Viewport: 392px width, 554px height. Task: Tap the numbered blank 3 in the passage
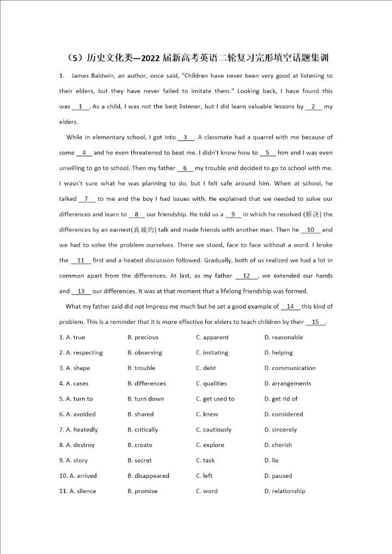(x=186, y=138)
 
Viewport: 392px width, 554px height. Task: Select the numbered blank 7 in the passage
(x=87, y=199)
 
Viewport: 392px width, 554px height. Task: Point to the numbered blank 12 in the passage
(x=246, y=276)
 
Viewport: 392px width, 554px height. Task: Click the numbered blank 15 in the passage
(x=315, y=322)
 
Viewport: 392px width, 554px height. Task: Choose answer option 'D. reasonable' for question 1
(x=283, y=337)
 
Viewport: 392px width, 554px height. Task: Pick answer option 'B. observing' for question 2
(x=144, y=353)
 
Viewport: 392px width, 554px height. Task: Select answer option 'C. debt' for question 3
(x=206, y=368)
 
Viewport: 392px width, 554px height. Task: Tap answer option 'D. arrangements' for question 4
(x=287, y=384)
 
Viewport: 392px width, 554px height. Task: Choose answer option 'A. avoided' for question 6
(x=80, y=414)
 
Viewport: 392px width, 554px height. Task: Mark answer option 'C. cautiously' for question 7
(x=213, y=430)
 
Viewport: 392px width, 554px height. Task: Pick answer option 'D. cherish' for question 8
(x=278, y=445)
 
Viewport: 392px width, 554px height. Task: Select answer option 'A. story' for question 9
(x=76, y=460)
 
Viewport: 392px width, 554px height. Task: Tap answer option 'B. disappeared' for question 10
(x=148, y=476)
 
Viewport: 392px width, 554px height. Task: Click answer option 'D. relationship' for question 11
(x=284, y=491)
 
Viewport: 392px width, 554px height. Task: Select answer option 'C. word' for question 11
(x=206, y=491)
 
